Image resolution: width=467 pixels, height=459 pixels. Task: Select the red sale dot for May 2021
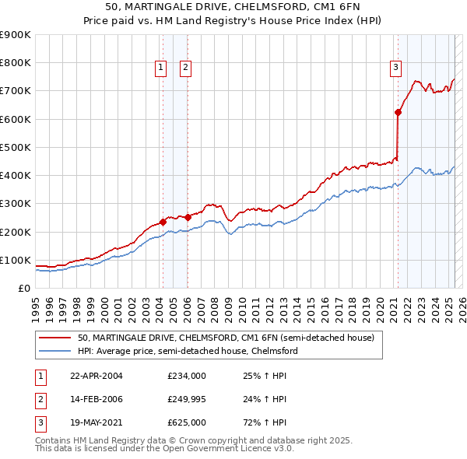pyautogui.click(x=398, y=112)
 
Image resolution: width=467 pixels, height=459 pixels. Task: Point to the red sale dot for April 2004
pyautogui.click(x=163, y=222)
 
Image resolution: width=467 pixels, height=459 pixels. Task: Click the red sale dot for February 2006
pyautogui.click(x=188, y=217)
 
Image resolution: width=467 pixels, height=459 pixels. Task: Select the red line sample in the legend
pyautogui.click(x=54, y=338)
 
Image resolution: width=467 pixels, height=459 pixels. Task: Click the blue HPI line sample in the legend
pyautogui.click(x=54, y=351)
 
